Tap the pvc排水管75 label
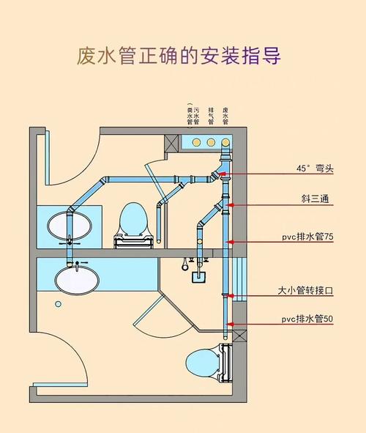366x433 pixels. [x=307, y=238]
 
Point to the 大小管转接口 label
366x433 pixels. [x=306, y=290]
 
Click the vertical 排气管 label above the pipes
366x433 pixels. [x=211, y=116]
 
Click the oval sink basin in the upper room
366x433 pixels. [x=70, y=226]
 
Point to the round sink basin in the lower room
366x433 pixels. [x=76, y=279]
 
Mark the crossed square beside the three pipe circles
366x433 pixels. [x=174, y=141]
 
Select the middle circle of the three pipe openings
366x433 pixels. [x=211, y=141]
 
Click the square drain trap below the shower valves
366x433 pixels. [x=197, y=277]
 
